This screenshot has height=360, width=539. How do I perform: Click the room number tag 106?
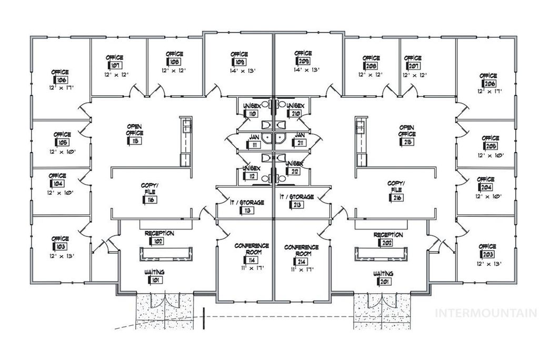point(61,80)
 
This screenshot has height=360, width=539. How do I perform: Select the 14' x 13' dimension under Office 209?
point(303,69)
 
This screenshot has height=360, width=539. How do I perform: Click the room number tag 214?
point(302,261)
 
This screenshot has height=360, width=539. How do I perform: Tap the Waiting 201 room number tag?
point(383,281)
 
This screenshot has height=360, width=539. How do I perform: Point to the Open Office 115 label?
point(135,131)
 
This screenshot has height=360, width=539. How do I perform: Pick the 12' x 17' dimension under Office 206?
point(489,91)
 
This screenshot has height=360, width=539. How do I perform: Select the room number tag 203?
point(486,255)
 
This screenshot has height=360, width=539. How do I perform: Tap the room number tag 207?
point(414,66)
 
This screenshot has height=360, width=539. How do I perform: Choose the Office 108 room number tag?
point(174,62)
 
